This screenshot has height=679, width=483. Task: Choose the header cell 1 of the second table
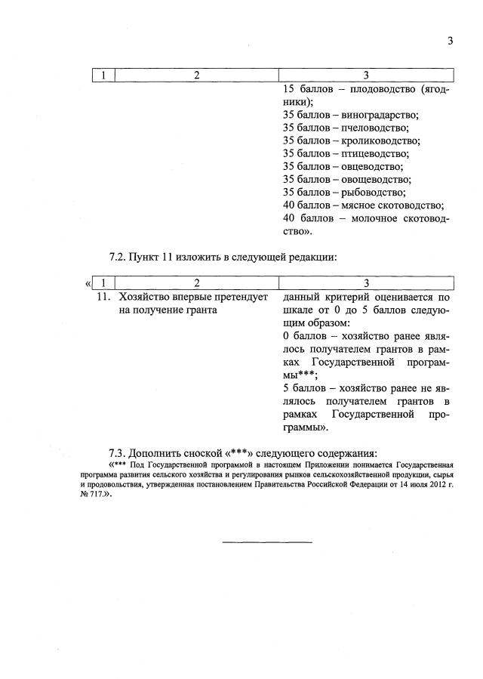pos(103,283)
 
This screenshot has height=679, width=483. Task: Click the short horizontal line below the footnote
pos(266,542)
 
